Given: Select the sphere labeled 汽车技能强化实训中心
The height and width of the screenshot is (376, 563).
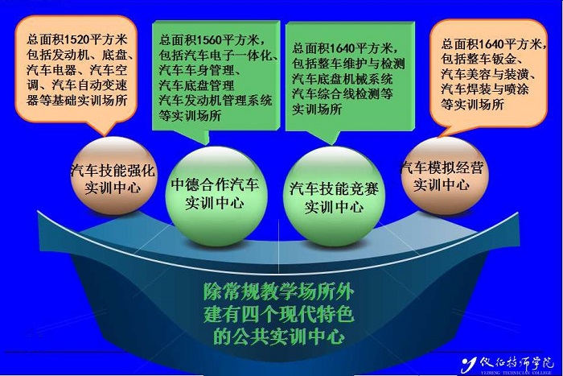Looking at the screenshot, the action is coord(113,176).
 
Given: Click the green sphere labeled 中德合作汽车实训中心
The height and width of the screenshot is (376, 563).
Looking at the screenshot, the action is coord(216,196).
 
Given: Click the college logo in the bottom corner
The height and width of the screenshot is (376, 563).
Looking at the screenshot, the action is coord(507,365).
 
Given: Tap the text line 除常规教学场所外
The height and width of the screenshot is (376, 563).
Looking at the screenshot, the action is coord(278,292).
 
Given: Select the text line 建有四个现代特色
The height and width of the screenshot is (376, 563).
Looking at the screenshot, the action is coord(278,314).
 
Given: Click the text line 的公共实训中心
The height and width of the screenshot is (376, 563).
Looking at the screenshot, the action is coord(278,337).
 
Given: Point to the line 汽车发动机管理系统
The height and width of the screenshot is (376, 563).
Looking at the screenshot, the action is coord(216,101).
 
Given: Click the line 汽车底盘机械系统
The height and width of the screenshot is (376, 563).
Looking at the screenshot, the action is coord(342,79).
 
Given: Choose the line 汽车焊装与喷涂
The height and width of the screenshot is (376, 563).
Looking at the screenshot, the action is coord(485,89).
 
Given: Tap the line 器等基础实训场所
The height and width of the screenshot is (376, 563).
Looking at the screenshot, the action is coord(77,101).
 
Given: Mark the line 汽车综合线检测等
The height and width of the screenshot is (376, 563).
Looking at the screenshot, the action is coord(342,94).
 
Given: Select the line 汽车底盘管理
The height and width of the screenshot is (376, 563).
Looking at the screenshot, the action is coord(197,85).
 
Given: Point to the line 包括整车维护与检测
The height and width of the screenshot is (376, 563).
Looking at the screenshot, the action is coord(348,64).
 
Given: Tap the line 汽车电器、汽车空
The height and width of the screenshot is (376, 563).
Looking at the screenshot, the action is coord(77,70).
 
